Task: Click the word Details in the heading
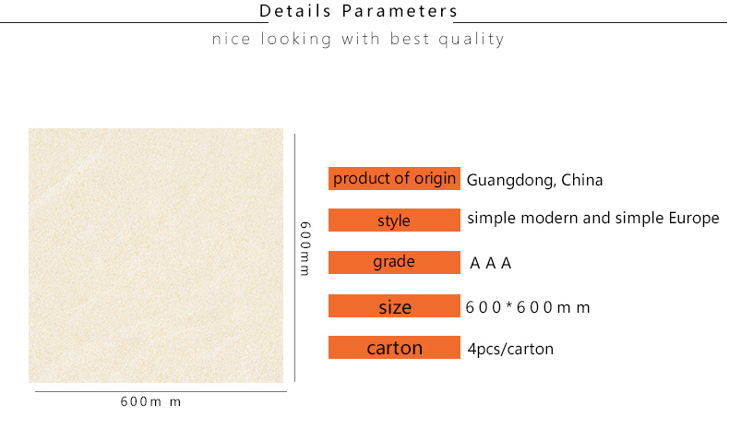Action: click(294, 11)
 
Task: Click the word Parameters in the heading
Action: click(400, 11)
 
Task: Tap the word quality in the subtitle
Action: click(472, 40)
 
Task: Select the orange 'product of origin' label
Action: click(394, 178)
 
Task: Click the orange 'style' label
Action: click(394, 220)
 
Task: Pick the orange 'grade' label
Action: click(394, 262)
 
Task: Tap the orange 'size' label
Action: click(394, 305)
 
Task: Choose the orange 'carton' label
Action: click(394, 347)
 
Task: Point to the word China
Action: click(581, 180)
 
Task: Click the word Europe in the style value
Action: click(694, 219)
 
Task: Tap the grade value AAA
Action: click(491, 264)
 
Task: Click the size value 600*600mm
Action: click(528, 307)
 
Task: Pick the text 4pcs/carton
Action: click(510, 349)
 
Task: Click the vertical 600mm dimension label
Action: click(305, 248)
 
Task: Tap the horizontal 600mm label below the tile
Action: click(150, 401)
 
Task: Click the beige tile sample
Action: click(156, 256)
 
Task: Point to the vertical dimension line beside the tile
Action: click(294, 257)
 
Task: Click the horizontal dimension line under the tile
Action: click(161, 391)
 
